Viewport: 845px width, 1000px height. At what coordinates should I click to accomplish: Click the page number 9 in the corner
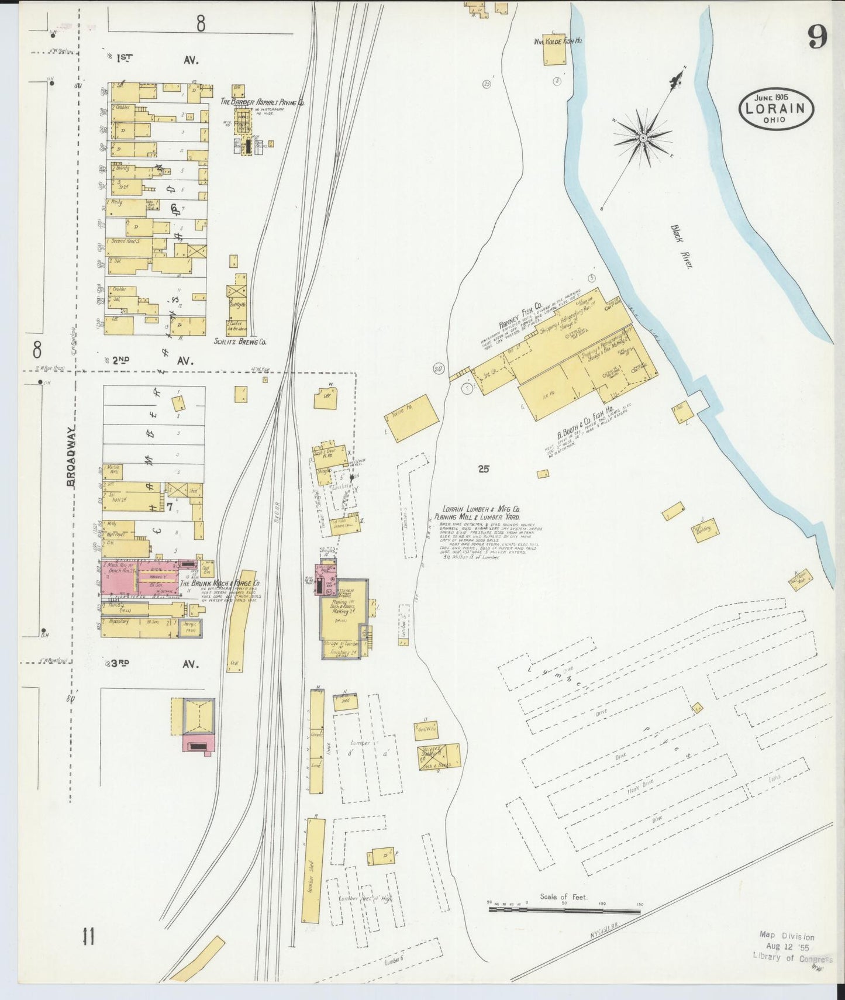click(818, 39)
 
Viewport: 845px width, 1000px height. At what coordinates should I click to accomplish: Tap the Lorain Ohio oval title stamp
click(777, 109)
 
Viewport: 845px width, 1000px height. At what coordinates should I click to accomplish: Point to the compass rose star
click(643, 138)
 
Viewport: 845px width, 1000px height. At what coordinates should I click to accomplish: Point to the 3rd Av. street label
click(155, 664)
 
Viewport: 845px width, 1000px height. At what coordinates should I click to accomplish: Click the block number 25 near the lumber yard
click(483, 468)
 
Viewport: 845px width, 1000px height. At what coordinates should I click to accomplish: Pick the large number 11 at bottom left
click(88, 937)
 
